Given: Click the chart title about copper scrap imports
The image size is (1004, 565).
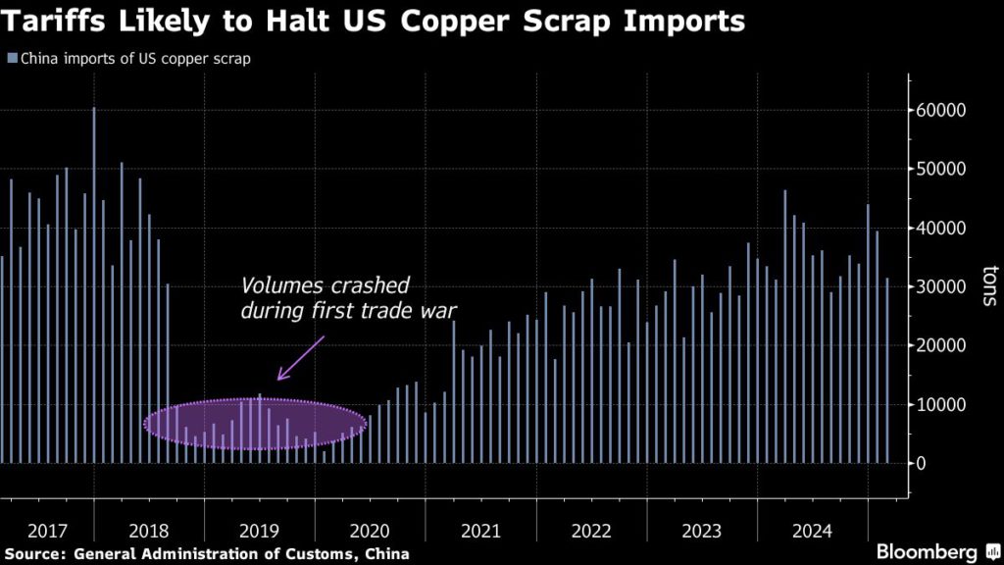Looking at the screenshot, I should [373, 22].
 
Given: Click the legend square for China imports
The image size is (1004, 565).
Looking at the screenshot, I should [12, 59].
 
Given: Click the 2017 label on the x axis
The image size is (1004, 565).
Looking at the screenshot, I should [48, 532].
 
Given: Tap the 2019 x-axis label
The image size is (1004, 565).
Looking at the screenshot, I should [260, 532].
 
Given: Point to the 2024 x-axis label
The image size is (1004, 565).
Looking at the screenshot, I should [812, 532].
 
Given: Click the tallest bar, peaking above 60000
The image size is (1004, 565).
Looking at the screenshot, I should [94, 284].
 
